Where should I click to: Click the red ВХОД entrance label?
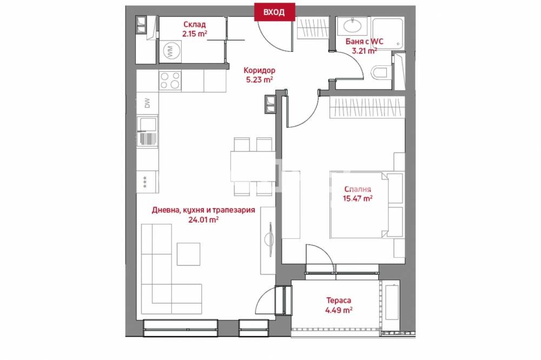274,12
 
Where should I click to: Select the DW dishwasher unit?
147,103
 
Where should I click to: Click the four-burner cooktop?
170,81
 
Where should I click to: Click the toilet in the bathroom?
380,73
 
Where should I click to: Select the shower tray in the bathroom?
387,33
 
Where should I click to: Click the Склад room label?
195,24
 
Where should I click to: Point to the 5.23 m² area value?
259,80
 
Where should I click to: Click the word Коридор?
260,70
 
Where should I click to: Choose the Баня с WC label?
364,42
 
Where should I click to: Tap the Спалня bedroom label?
358,189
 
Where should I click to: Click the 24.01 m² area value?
203,219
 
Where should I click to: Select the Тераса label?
339,301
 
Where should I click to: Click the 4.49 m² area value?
339,310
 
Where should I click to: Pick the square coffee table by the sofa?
188,254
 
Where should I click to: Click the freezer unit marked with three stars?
147,182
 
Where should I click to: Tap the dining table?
253,166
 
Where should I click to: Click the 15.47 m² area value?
358,198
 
